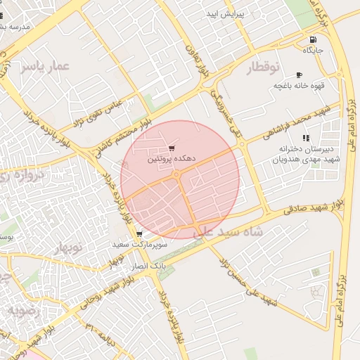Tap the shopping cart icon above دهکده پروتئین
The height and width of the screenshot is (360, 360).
coord(172,149)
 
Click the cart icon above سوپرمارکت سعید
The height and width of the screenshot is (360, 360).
coord(139,234)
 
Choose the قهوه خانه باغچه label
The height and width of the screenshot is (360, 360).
coord(299,85)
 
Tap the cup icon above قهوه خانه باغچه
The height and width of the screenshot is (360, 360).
coord(299,75)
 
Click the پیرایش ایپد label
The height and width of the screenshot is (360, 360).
coord(224,14)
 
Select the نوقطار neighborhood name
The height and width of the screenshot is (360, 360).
coord(263,67)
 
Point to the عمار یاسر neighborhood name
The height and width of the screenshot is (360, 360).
coord(46,66)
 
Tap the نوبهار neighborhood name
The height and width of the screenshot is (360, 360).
coord(67,247)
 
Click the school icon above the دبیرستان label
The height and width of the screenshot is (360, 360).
coord(305,138)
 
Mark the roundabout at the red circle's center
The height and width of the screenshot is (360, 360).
coord(179,174)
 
